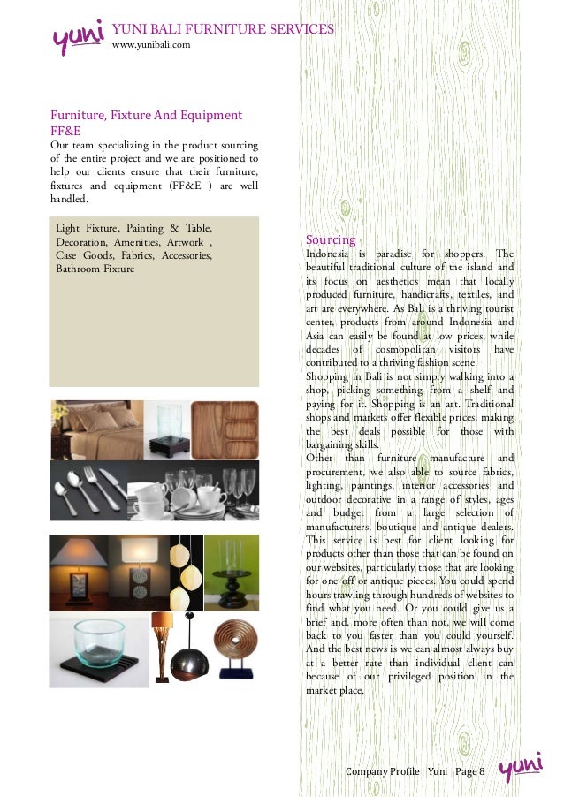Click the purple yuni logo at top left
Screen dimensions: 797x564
pos(79,37)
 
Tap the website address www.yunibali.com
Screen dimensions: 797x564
pos(150,44)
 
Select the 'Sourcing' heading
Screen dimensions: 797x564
pos(331,239)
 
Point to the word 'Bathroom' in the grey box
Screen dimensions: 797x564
pos(78,269)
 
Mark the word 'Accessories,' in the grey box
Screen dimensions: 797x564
pos(187,255)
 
